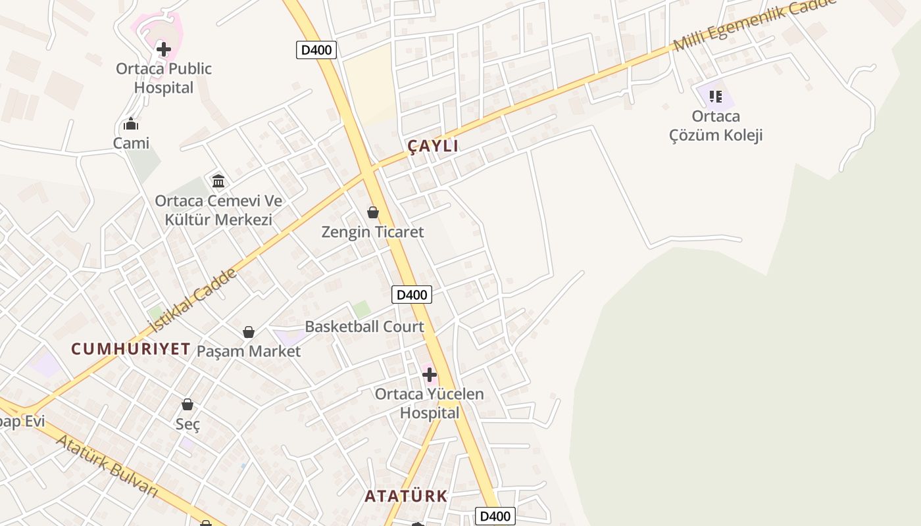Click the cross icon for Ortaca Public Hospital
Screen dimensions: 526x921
tap(164, 49)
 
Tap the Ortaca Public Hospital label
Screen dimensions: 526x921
tap(164, 78)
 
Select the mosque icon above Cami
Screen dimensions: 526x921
tap(131, 124)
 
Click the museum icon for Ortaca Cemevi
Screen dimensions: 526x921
tap(218, 181)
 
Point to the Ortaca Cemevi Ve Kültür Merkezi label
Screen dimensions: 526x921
tap(218, 210)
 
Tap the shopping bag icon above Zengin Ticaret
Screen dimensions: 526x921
tap(373, 212)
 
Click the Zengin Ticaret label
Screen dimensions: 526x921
tap(372, 232)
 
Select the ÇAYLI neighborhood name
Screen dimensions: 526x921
tap(433, 147)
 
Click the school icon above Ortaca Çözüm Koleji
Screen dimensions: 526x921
tap(716, 97)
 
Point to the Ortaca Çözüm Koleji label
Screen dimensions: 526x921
tap(716, 126)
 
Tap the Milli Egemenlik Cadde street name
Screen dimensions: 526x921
tap(754, 25)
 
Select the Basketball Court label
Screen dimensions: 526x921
tap(364, 327)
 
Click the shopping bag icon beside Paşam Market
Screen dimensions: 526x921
tap(249, 332)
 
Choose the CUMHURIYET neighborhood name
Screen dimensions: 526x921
tap(131, 349)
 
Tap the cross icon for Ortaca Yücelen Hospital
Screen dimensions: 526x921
tap(430, 375)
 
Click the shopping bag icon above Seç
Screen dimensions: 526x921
tap(187, 404)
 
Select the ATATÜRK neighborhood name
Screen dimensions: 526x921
tap(406, 496)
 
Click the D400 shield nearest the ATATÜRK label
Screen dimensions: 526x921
tap(495, 516)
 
